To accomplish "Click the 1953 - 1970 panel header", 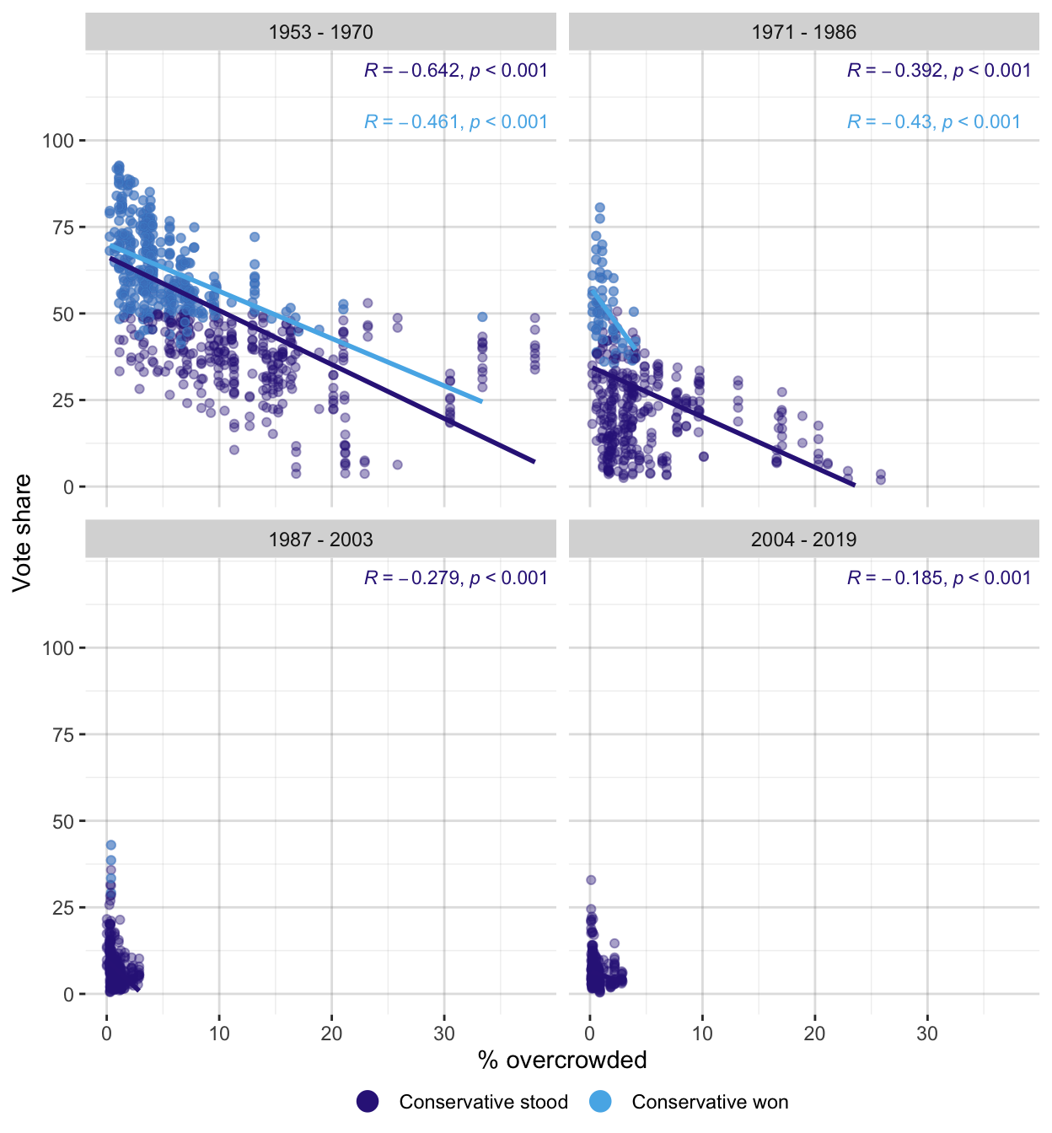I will click(320, 33).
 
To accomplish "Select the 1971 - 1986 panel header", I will click(803, 33).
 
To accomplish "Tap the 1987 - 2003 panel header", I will click(320, 540).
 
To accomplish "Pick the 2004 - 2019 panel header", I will click(803, 540).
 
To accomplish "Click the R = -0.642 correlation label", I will click(455, 71).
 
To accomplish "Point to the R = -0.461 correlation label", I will click(455, 122).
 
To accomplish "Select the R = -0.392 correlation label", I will click(938, 71).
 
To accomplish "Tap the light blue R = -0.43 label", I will click(933, 122).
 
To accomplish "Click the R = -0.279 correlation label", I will click(455, 578).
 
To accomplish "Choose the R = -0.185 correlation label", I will click(938, 578).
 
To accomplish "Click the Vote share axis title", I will click(22, 533).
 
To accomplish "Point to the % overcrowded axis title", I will click(562, 1061).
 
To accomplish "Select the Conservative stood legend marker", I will click(368, 1102).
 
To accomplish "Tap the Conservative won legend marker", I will click(600, 1102).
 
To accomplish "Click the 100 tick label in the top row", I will click(58, 141).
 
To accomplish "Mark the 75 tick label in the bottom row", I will click(63, 735).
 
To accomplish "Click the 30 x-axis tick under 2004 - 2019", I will click(927, 1034).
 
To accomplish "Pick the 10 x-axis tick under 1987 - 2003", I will click(219, 1034).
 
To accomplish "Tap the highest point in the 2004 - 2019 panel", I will click(591, 880).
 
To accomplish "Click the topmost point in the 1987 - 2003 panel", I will click(110, 845).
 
